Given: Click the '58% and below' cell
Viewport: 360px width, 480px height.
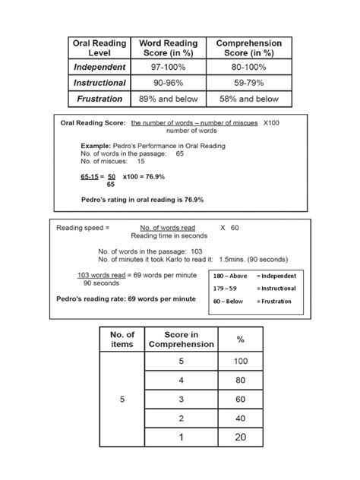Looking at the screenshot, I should click(248, 99).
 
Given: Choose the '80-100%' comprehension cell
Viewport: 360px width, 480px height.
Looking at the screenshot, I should click(248, 67).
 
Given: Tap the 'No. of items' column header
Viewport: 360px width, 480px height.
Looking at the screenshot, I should click(122, 339).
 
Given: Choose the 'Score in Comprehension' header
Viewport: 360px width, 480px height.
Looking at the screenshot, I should click(182, 339).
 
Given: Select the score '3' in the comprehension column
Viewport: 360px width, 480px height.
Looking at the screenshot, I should click(182, 398).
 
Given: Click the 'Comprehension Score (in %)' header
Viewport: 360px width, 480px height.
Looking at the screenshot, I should click(248, 49).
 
